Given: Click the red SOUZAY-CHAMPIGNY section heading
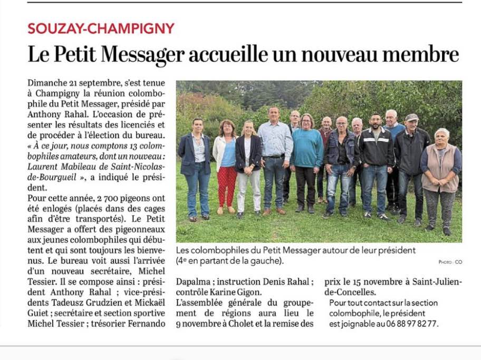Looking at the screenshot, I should tap(101, 28).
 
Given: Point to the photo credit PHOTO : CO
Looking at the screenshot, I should tap(450, 262).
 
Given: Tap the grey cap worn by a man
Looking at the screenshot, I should tap(411, 118).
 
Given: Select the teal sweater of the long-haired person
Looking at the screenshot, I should tap(307, 148).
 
